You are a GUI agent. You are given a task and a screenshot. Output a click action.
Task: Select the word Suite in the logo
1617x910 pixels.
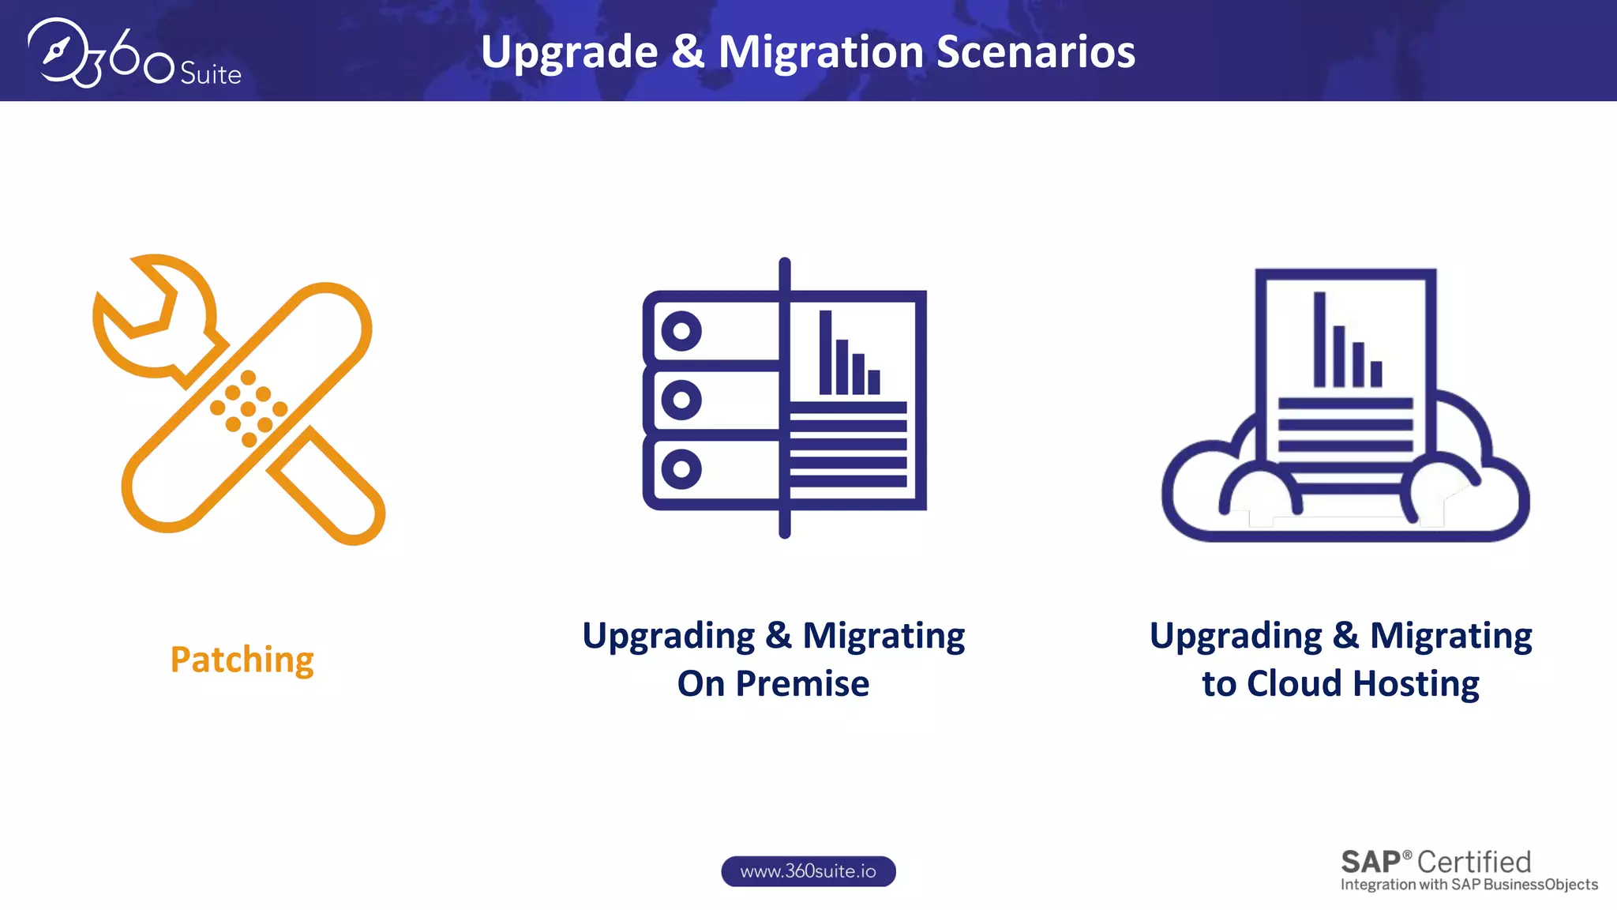click(x=210, y=74)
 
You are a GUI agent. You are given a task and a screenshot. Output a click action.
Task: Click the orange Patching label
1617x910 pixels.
click(x=242, y=660)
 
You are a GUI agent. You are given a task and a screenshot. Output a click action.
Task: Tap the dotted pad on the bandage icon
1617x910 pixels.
click(x=249, y=408)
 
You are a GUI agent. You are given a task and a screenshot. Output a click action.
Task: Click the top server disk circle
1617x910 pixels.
click(x=681, y=331)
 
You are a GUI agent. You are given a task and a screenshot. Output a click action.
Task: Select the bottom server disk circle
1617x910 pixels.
click(x=681, y=469)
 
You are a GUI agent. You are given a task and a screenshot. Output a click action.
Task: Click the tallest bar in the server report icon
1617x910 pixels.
click(x=825, y=352)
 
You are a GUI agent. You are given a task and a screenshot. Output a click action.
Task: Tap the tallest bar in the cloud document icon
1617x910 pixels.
click(x=1319, y=339)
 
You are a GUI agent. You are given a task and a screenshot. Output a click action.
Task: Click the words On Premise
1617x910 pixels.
click(x=773, y=683)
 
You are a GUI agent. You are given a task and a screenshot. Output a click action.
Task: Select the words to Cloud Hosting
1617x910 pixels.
click(x=1340, y=683)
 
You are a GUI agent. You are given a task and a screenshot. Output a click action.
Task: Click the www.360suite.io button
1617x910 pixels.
click(x=808, y=871)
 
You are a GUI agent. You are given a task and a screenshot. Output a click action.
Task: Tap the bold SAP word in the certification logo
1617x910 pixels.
click(x=1371, y=862)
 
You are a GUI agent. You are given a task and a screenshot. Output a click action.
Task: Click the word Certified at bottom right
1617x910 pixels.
click(x=1474, y=862)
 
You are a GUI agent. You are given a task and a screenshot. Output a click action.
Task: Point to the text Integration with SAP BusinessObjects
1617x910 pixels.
click(x=1469, y=885)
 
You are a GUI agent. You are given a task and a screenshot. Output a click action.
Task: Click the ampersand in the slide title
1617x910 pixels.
click(x=688, y=52)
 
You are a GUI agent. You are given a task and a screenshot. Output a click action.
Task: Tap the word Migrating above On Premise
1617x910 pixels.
click(x=884, y=636)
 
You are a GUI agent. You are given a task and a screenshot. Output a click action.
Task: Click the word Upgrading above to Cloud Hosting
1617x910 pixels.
click(x=1236, y=636)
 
